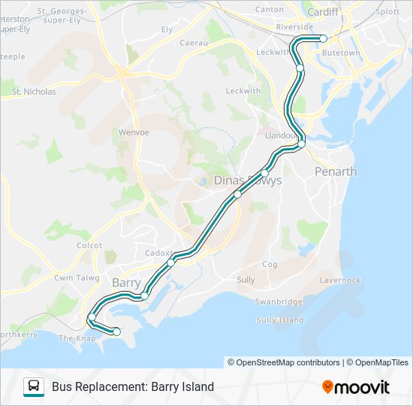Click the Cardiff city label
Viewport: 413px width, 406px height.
(323, 11)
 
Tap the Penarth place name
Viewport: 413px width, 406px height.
(336, 171)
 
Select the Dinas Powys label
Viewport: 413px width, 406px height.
(248, 180)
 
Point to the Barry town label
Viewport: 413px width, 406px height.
(126, 283)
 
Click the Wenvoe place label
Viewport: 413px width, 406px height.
(134, 132)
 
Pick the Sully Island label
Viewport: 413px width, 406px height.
(280, 320)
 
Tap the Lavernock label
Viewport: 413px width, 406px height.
(339, 280)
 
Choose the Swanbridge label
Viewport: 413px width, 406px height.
(278, 301)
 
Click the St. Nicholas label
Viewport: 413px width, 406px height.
(34, 92)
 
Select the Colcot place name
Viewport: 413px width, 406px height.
(89, 245)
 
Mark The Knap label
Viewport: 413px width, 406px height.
(76, 338)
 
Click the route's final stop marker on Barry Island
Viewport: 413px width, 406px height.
(116, 332)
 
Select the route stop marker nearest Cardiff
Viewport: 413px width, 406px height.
(324, 38)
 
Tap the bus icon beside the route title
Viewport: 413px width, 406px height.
(34, 387)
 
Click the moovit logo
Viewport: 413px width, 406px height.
(356, 387)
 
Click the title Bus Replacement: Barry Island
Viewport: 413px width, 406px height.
(133, 387)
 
